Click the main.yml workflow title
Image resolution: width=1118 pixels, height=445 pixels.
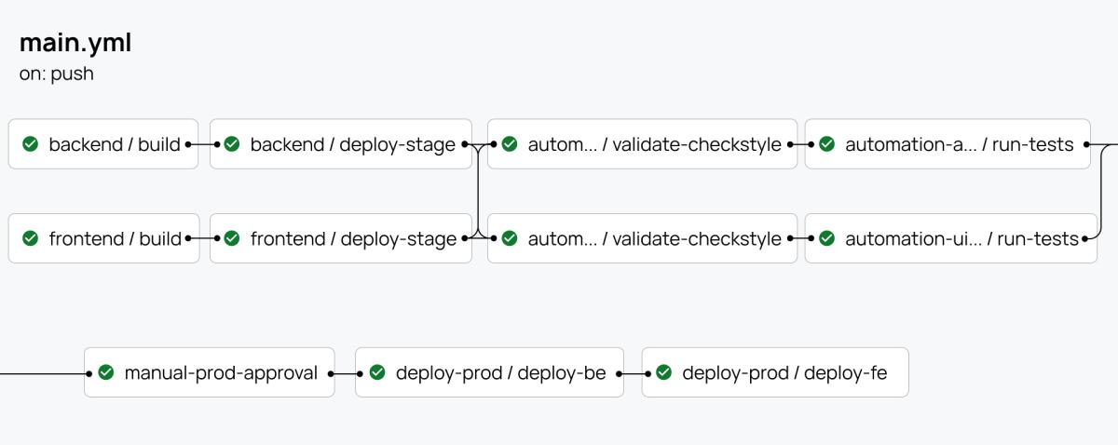(75, 43)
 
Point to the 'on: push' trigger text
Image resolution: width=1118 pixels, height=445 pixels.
(57, 74)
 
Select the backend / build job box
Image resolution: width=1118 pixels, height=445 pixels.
(103, 144)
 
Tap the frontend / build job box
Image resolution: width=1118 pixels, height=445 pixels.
(103, 238)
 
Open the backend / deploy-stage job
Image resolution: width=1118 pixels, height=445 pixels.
(341, 144)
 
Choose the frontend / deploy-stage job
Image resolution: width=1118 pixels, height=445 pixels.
(341, 238)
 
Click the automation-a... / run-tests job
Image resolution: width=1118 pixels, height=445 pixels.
(948, 144)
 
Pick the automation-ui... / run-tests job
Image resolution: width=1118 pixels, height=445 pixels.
(948, 238)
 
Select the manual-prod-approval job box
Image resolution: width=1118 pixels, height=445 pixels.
(210, 372)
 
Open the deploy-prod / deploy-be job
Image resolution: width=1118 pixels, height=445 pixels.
(489, 372)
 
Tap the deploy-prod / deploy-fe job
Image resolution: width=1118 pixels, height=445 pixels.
(774, 372)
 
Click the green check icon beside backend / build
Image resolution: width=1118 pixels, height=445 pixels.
(30, 144)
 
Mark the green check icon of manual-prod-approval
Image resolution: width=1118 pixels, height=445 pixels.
(106, 372)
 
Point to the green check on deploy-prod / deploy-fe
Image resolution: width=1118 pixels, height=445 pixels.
(663, 372)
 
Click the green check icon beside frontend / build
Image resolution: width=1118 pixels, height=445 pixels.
(30, 238)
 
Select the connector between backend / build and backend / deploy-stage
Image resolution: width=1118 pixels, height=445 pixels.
(204, 144)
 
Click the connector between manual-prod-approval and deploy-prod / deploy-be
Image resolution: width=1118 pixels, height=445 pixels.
(345, 372)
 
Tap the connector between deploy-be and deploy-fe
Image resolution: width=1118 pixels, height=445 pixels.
(633, 372)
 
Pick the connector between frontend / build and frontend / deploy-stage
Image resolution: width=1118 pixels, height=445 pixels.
(204, 238)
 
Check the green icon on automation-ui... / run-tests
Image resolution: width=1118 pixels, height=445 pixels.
(826, 238)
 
